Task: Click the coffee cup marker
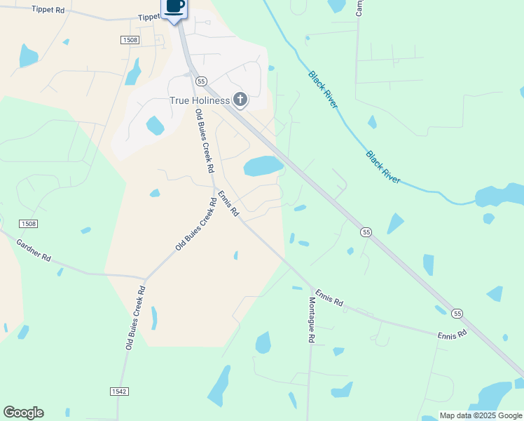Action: (x=175, y=7)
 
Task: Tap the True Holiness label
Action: (x=200, y=100)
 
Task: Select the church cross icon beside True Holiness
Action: (x=240, y=100)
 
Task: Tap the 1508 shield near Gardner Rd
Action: (x=28, y=224)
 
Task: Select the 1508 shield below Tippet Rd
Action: (x=129, y=40)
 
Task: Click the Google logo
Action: (x=23, y=413)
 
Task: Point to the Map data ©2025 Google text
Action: (x=480, y=415)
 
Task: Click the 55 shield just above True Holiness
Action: (x=201, y=81)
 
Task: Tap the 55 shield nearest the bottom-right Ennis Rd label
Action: (x=457, y=313)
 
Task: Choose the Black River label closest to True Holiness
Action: (x=323, y=89)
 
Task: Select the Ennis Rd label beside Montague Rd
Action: (x=329, y=298)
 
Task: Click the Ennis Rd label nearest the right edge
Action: (x=453, y=336)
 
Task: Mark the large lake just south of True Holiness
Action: (x=263, y=166)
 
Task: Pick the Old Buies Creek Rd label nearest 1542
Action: (x=135, y=318)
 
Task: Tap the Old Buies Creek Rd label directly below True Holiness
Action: (x=204, y=142)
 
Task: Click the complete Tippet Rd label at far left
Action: (x=48, y=9)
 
